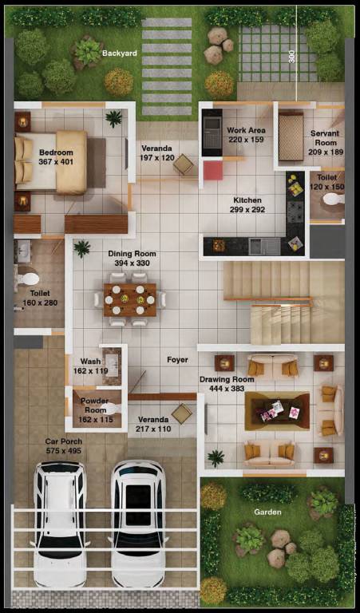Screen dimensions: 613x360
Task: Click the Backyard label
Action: point(120,53)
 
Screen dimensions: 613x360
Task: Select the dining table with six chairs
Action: point(130,299)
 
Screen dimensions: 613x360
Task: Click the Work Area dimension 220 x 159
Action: point(246,140)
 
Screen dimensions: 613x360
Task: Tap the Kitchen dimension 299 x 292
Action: point(249,210)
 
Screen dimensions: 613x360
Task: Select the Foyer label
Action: point(177,360)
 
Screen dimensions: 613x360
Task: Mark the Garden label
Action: point(268,512)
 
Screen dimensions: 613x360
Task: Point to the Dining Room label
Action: point(132,254)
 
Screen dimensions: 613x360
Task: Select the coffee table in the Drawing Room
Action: point(277,410)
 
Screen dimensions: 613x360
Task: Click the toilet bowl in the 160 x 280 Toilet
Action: point(29,279)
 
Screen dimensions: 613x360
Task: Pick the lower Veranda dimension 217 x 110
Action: point(153,429)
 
